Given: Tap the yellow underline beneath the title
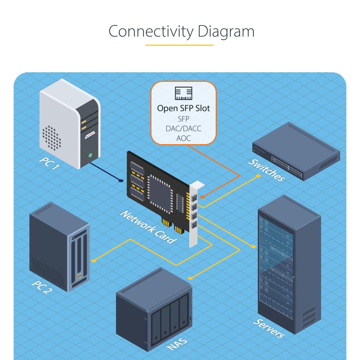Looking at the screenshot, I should tap(179, 45).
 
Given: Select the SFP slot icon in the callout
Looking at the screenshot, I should tap(183, 94).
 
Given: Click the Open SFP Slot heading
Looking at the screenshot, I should tap(183, 108).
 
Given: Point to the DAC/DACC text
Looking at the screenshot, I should tap(183, 128).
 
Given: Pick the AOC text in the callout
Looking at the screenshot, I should tap(183, 138).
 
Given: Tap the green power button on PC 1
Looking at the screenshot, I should tap(90, 155).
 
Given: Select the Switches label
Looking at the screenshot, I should tap(266, 170).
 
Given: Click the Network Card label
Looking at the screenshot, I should tap(147, 227).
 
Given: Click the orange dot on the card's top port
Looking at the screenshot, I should tap(202, 197).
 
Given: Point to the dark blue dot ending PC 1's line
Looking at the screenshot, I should tap(121, 181).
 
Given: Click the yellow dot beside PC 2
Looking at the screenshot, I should tap(94, 260).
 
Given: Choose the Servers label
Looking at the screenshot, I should tap(268, 328).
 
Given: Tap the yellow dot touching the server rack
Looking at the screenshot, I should tap(253, 247).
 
